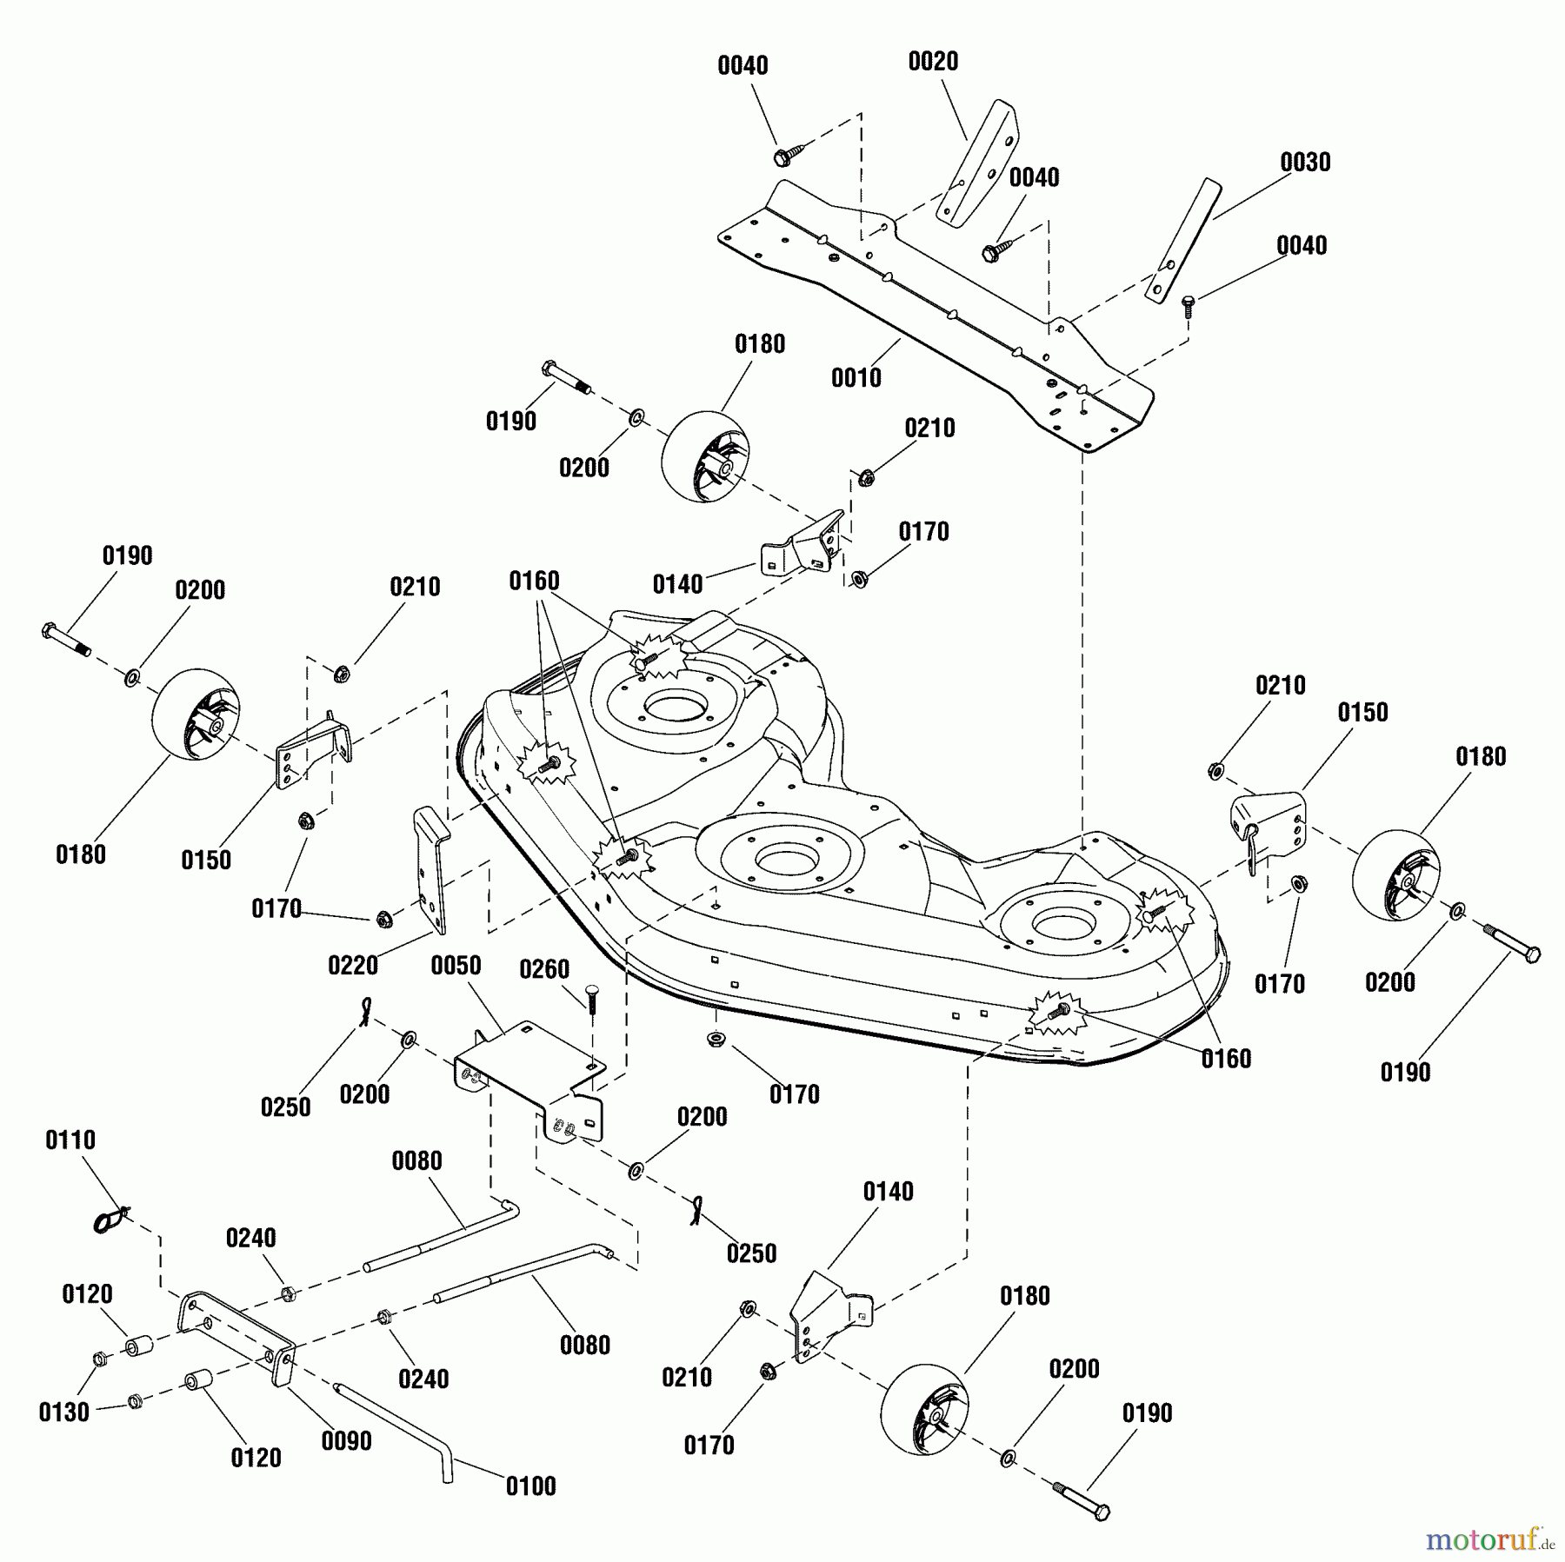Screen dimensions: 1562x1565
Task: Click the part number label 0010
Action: (856, 377)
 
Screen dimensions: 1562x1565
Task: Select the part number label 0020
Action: (933, 62)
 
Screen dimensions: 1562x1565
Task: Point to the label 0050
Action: (456, 966)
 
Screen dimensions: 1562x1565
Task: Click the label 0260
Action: (544, 969)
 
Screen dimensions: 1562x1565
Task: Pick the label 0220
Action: (353, 965)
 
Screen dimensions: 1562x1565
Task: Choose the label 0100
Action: (530, 1486)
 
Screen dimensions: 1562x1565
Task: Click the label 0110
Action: (70, 1140)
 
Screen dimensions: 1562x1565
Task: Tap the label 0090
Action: (346, 1440)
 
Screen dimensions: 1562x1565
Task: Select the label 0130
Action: (64, 1412)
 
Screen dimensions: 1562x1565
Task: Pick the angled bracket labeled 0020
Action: (978, 165)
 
